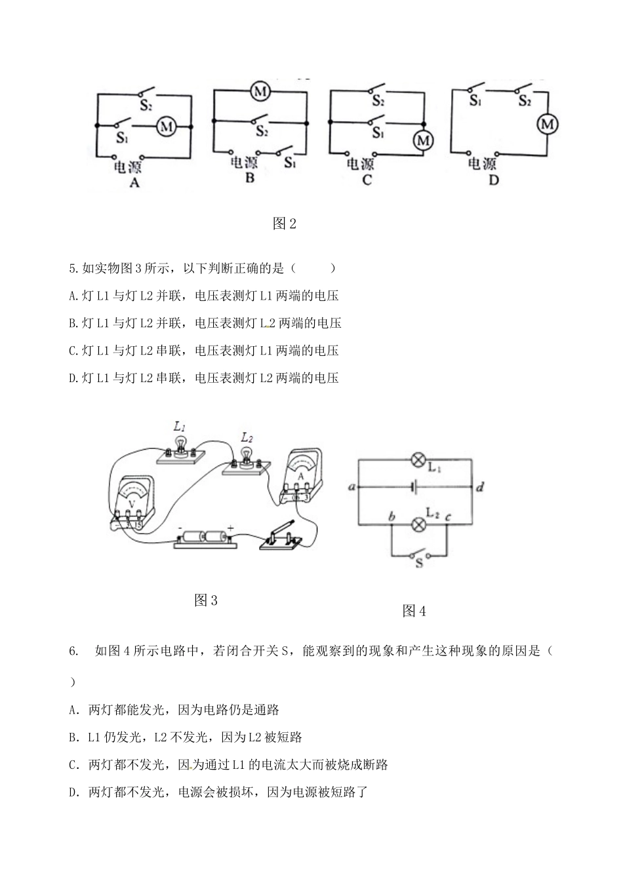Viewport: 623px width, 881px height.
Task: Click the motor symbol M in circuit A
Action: [166, 126]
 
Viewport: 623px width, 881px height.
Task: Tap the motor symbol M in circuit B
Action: [260, 92]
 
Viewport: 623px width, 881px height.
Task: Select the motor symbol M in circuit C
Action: [424, 140]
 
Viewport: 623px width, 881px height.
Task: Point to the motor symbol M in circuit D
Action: [546, 124]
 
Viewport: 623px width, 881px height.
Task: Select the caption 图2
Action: [285, 224]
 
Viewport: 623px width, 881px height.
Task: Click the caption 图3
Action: [206, 600]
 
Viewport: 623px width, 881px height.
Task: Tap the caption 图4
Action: [414, 611]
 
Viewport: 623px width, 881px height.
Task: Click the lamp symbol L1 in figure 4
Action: [417, 460]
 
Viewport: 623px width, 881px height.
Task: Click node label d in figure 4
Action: [480, 488]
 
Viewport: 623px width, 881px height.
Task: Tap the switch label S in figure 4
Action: [418, 562]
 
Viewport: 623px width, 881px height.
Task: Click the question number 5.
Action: [73, 268]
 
